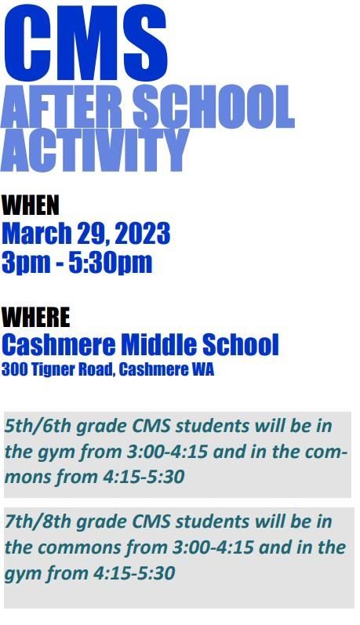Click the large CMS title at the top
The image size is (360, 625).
[85, 42]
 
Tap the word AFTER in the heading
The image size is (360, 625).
[64, 107]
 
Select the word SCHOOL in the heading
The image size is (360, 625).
[213, 107]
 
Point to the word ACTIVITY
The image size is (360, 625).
[94, 150]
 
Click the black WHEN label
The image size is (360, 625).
[31, 205]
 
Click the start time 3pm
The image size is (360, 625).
[26, 262]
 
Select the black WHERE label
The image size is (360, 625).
[35, 318]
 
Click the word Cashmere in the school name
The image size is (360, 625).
[59, 344]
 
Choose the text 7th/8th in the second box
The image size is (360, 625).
[38, 522]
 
